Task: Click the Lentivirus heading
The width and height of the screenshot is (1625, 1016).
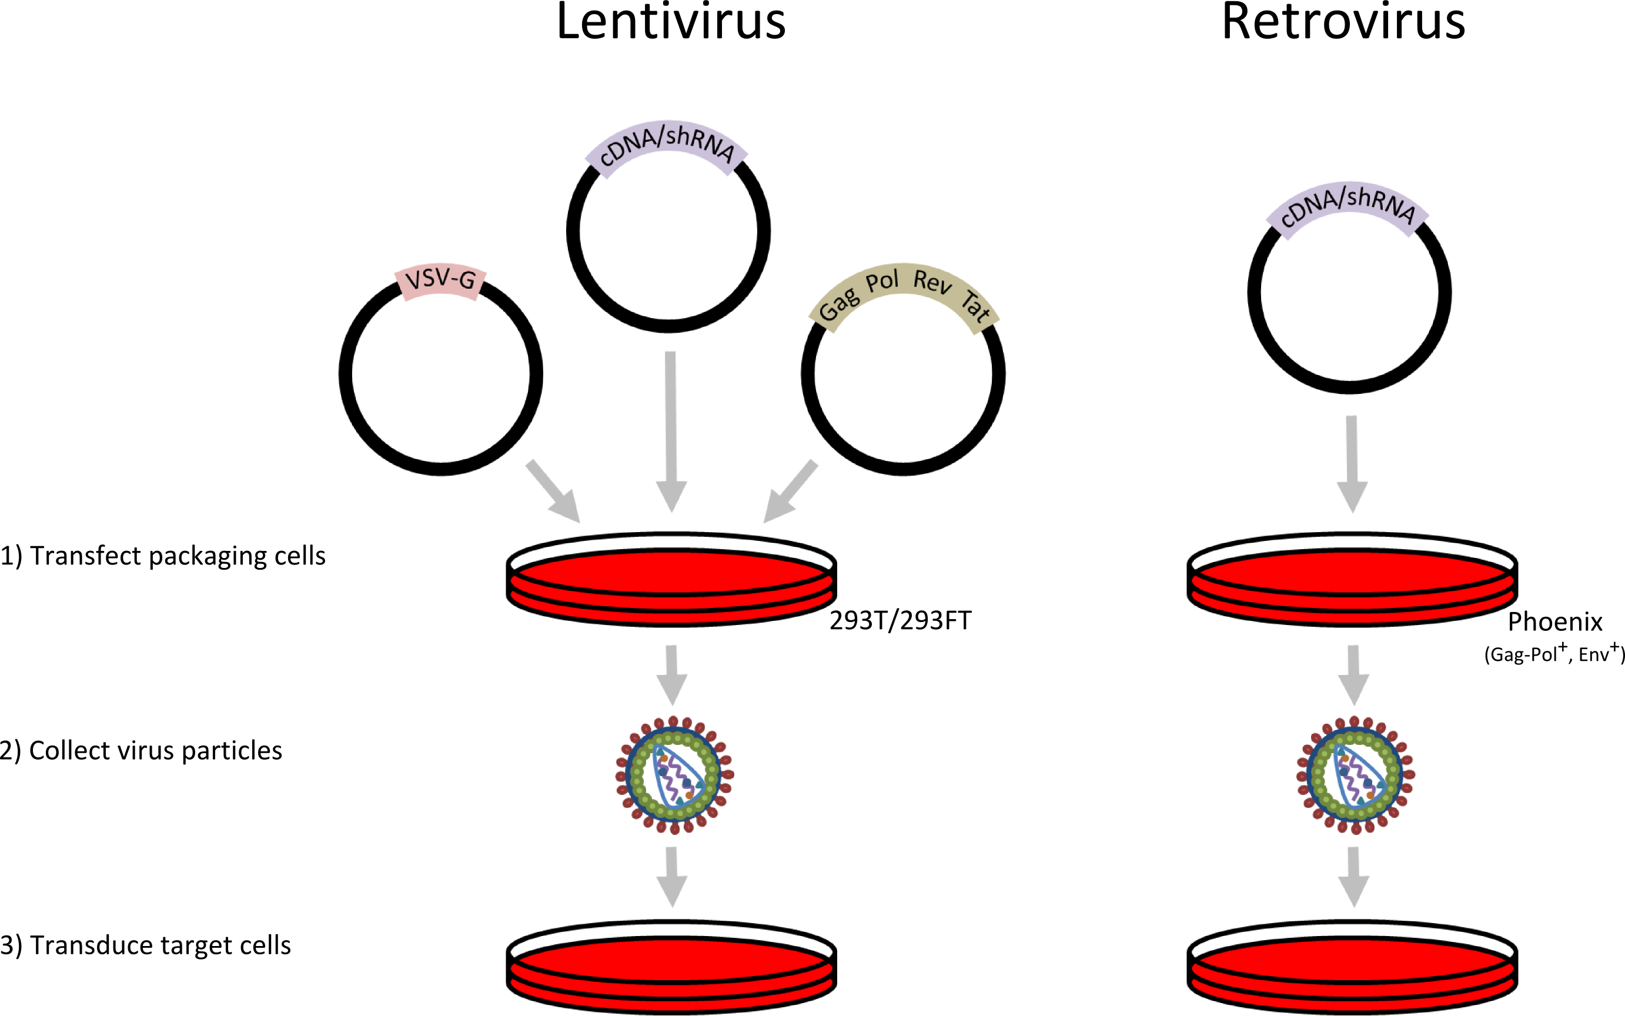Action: click(x=670, y=22)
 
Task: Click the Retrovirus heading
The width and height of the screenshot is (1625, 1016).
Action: click(x=1343, y=22)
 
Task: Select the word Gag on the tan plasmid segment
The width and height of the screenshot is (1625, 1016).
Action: click(x=839, y=305)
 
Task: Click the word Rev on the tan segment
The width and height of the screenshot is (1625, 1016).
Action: click(x=932, y=281)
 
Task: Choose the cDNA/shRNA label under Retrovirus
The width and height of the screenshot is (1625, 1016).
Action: click(x=1347, y=208)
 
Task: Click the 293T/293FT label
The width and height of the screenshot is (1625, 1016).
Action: click(x=900, y=621)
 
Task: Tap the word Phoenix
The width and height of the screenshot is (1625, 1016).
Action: click(x=1555, y=622)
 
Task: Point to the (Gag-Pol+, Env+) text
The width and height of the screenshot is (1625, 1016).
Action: click(x=1554, y=654)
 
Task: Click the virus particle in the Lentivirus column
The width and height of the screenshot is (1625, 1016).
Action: click(x=674, y=775)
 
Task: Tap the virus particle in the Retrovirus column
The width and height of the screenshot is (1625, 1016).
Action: click(x=1355, y=775)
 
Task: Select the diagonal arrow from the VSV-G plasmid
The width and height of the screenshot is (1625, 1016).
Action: click(x=552, y=491)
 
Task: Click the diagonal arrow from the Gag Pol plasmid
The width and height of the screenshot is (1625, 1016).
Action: click(x=791, y=491)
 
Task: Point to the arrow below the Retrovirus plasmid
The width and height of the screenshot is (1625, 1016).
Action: click(x=1352, y=464)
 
